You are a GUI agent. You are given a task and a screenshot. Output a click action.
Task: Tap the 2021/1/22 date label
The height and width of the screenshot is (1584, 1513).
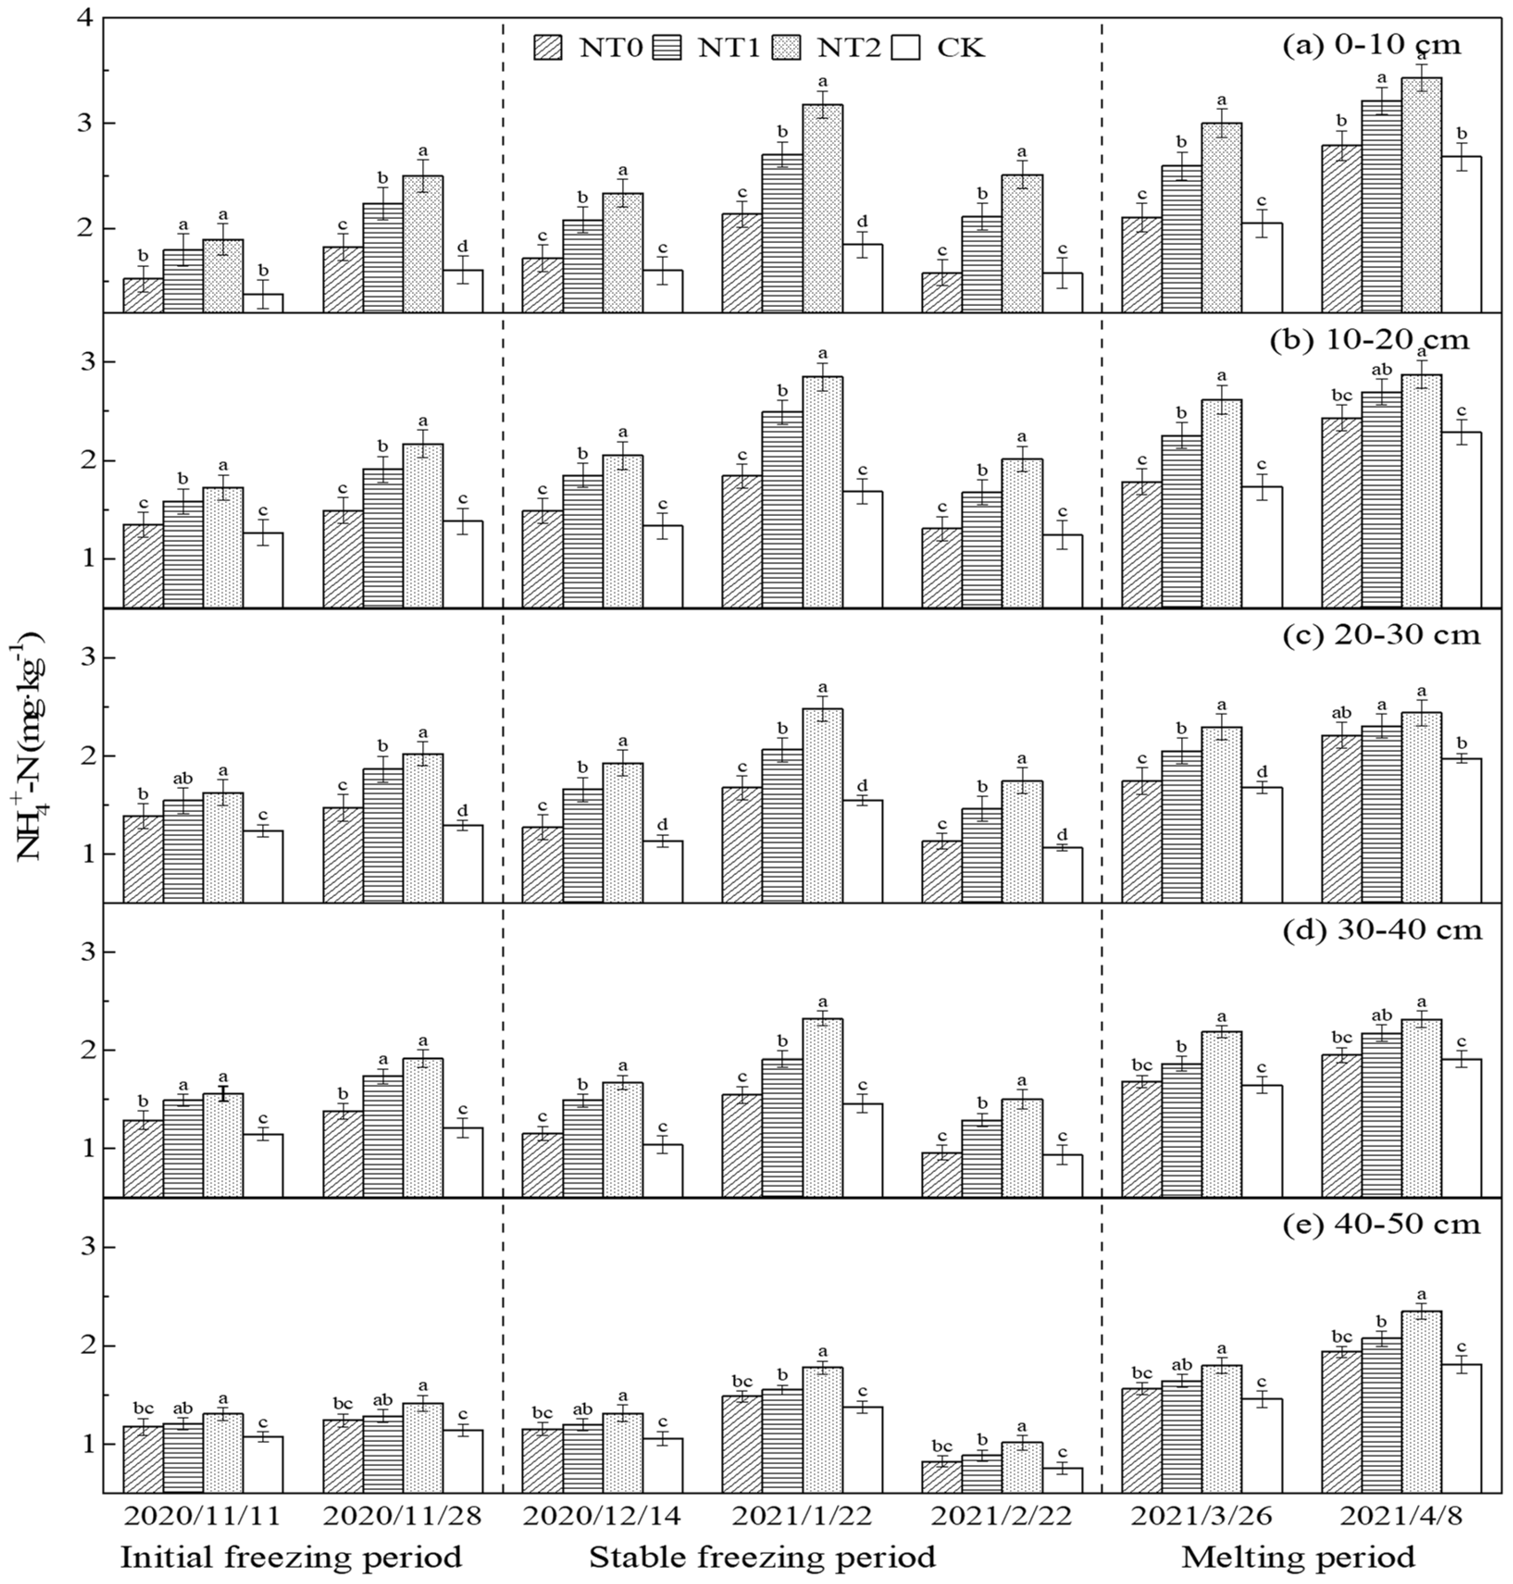tap(801, 1516)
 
